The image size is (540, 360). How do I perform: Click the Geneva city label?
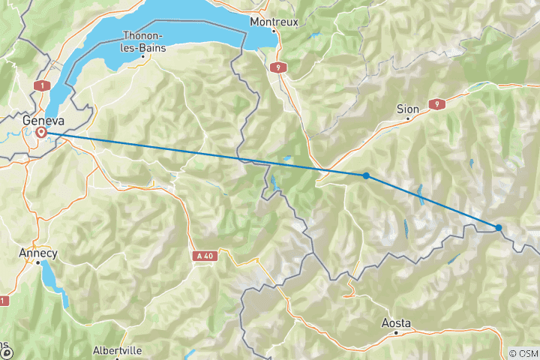[43, 121]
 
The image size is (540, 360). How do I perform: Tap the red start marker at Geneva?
[41, 133]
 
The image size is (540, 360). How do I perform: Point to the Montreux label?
[274, 22]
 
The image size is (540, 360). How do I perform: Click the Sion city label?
[407, 109]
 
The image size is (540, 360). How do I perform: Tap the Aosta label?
[396, 322]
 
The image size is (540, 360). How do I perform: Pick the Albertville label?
[117, 350]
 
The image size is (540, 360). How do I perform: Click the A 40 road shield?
[203, 256]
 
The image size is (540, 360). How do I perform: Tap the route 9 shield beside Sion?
[434, 103]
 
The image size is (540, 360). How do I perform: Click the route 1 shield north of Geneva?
[43, 86]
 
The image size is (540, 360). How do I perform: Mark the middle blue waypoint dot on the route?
[365, 175]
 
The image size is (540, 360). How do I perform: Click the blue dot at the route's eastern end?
[498, 227]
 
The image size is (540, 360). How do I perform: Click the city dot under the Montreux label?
[275, 31]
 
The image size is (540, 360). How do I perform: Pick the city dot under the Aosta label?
[397, 332]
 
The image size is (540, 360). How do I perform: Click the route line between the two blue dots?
[431, 201]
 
